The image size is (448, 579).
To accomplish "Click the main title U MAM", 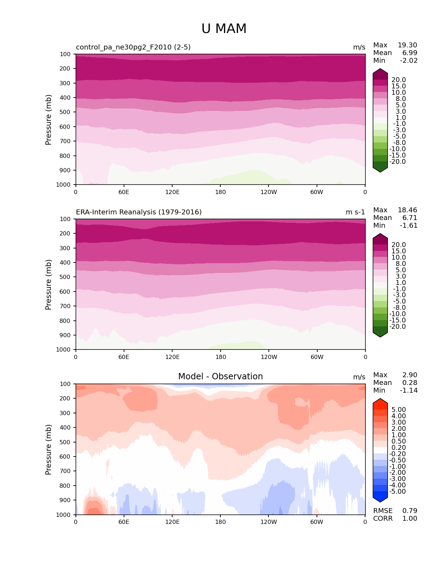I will [x=224, y=29].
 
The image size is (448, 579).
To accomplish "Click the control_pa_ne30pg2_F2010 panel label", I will [x=133, y=47].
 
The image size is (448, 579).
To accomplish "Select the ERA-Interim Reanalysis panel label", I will [x=139, y=212].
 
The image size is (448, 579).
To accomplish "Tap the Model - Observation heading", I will [x=220, y=377].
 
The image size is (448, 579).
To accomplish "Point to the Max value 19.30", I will [x=407, y=45].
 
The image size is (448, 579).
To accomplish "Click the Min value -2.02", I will [x=409, y=61].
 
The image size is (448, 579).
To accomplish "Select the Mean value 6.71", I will [x=410, y=218].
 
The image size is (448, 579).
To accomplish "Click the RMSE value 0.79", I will [x=410, y=511].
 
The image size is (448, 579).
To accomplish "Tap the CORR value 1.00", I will [x=410, y=519].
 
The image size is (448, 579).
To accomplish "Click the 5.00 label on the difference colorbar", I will [x=399, y=410].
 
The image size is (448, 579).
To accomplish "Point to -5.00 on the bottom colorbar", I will [x=398, y=492].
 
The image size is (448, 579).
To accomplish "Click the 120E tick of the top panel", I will [x=172, y=192].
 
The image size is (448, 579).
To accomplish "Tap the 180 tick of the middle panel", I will [x=220, y=357].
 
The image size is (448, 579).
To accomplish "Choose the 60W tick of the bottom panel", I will [x=317, y=522].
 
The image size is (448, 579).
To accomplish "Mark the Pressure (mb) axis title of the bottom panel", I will [x=48, y=450].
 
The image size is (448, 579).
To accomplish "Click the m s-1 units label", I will [x=355, y=212].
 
